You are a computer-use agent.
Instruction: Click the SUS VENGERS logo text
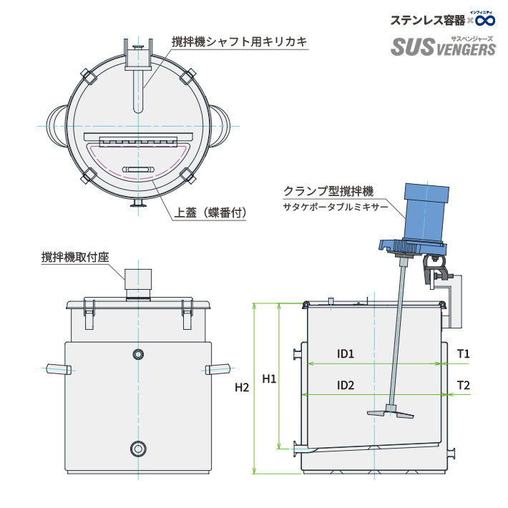(x=443, y=47)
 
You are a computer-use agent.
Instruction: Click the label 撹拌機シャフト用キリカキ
(x=239, y=42)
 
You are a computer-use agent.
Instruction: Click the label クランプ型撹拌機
(x=328, y=191)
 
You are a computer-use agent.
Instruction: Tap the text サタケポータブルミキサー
(x=335, y=207)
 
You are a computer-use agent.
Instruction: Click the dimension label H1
(x=269, y=378)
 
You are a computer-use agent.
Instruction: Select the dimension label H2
(x=242, y=388)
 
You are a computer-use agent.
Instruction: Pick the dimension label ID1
(x=346, y=353)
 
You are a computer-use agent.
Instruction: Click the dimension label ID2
(x=346, y=386)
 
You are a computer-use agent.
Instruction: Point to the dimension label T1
(x=463, y=353)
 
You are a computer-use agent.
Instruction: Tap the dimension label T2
(x=463, y=386)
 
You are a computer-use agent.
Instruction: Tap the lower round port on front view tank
(x=137, y=449)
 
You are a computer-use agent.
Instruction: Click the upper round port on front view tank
(x=138, y=354)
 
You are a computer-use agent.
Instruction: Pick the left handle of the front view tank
(x=58, y=369)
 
